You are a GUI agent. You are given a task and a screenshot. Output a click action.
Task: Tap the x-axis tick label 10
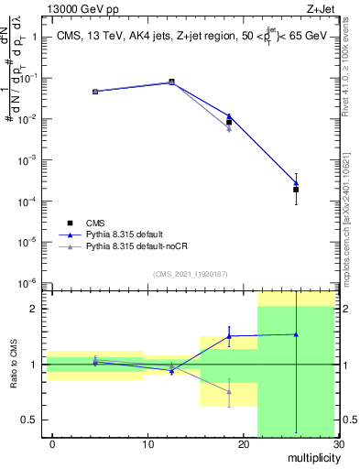[147, 444]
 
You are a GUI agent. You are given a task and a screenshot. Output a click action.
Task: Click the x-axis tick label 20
[243, 444]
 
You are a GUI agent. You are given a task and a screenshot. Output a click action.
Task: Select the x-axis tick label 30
[337, 444]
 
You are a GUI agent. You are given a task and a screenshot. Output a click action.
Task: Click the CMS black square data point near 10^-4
[296, 190]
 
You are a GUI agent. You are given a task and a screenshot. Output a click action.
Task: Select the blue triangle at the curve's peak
[171, 82]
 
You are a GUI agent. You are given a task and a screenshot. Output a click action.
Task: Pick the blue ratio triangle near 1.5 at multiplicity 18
[229, 336]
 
